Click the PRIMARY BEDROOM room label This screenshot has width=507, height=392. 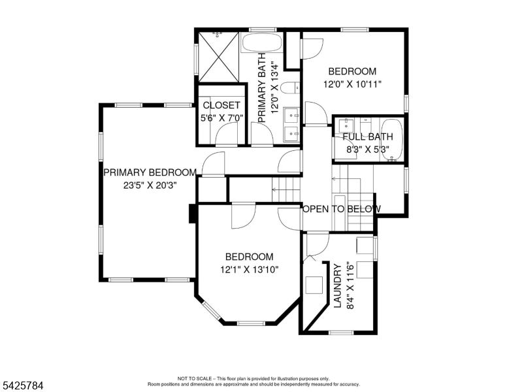pos(150,172)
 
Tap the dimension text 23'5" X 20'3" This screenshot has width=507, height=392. pos(150,185)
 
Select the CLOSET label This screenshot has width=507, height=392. pos(221,105)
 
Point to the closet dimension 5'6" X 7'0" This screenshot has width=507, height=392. pos(221,118)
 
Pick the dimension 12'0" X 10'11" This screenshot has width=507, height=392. pos(352,84)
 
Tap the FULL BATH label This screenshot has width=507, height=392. pos(368,137)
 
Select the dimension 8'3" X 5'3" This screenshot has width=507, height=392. pos(368,149)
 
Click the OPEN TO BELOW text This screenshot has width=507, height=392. pos(341,209)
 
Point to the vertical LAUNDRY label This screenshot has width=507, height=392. pos(337,286)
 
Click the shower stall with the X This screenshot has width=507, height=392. pos(218,56)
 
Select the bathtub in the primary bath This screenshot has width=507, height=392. pos(262,44)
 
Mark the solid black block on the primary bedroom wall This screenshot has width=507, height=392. pos(192,214)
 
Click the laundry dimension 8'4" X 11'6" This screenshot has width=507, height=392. pos(350,286)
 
